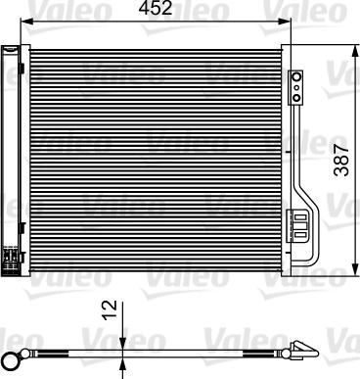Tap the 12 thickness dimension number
pyautogui.click(x=111, y=312)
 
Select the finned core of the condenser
pyautogui.click(x=157, y=157)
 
